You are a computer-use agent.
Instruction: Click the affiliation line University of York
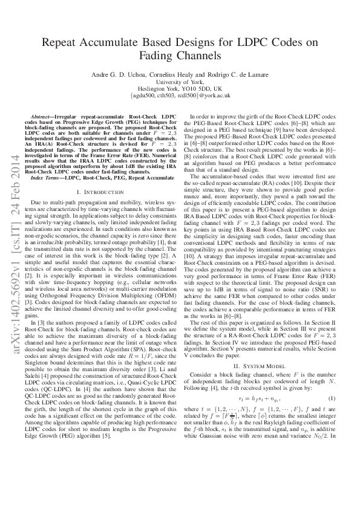[180, 81]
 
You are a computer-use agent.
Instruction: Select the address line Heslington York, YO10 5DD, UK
[180, 88]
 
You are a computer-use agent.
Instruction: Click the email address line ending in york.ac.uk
[180, 96]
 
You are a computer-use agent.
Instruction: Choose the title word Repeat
[62, 42]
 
